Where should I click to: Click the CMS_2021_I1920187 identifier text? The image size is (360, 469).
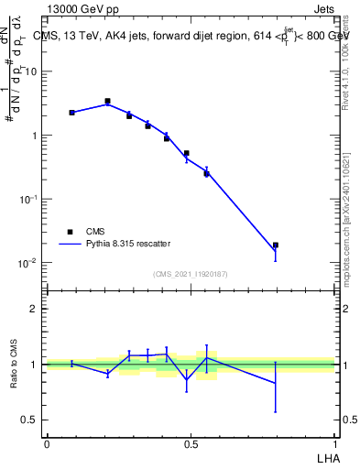click(x=191, y=274)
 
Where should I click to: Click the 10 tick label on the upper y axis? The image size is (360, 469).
click(x=31, y=71)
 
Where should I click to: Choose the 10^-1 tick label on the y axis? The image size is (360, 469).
click(x=27, y=199)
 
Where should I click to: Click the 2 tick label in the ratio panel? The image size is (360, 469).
click(x=34, y=309)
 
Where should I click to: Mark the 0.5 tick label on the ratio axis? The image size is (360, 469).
click(x=29, y=420)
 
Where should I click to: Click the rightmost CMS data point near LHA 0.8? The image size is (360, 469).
click(x=276, y=245)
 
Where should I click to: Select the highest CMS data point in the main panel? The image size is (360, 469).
click(x=107, y=102)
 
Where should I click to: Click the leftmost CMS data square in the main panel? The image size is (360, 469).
click(x=71, y=113)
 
